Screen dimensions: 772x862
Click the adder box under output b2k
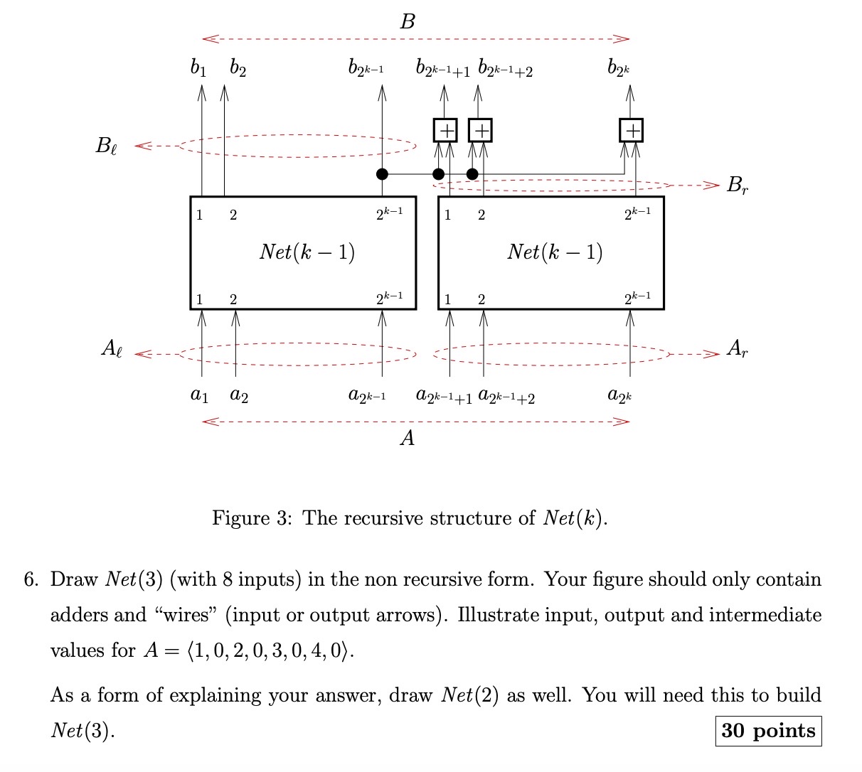[630, 130]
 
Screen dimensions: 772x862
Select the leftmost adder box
[445, 130]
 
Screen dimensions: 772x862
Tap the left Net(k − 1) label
[307, 252]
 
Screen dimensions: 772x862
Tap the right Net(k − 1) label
[555, 252]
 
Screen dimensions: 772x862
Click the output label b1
[198, 69]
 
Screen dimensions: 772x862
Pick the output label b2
[238, 69]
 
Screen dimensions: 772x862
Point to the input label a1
[200, 395]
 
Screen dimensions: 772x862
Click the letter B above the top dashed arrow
[407, 22]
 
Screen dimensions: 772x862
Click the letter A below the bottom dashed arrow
[407, 439]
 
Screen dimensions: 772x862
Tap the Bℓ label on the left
[107, 146]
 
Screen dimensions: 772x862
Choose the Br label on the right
[737, 186]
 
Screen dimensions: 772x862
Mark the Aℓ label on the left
[111, 349]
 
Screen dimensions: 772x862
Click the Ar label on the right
[737, 348]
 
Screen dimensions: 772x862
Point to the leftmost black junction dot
[382, 173]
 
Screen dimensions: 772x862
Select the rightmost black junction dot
[472, 173]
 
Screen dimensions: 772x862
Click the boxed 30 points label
[768, 731]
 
